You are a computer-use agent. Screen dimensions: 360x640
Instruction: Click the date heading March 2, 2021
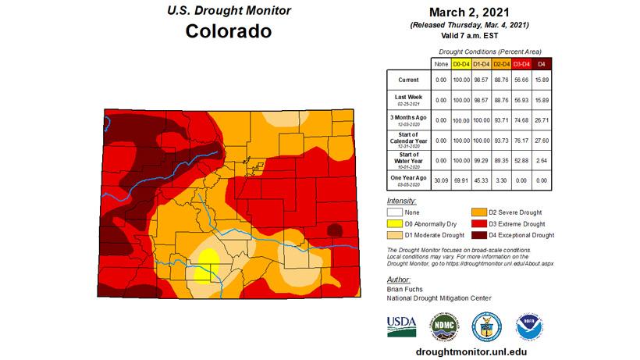click(x=465, y=12)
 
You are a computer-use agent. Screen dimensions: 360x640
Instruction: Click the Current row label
click(x=408, y=80)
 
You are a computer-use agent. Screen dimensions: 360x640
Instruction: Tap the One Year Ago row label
click(x=408, y=179)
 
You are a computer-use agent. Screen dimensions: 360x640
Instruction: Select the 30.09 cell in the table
click(x=441, y=179)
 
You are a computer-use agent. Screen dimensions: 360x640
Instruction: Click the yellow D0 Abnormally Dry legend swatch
click(x=396, y=223)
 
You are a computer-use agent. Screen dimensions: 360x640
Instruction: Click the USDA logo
click(x=402, y=325)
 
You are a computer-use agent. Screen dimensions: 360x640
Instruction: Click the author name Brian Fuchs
click(x=404, y=288)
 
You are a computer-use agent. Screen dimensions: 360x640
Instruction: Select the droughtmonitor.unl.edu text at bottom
click(x=465, y=351)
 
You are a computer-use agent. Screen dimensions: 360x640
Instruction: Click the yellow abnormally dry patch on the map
click(x=208, y=262)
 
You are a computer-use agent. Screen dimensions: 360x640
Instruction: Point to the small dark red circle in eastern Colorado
click(x=336, y=230)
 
